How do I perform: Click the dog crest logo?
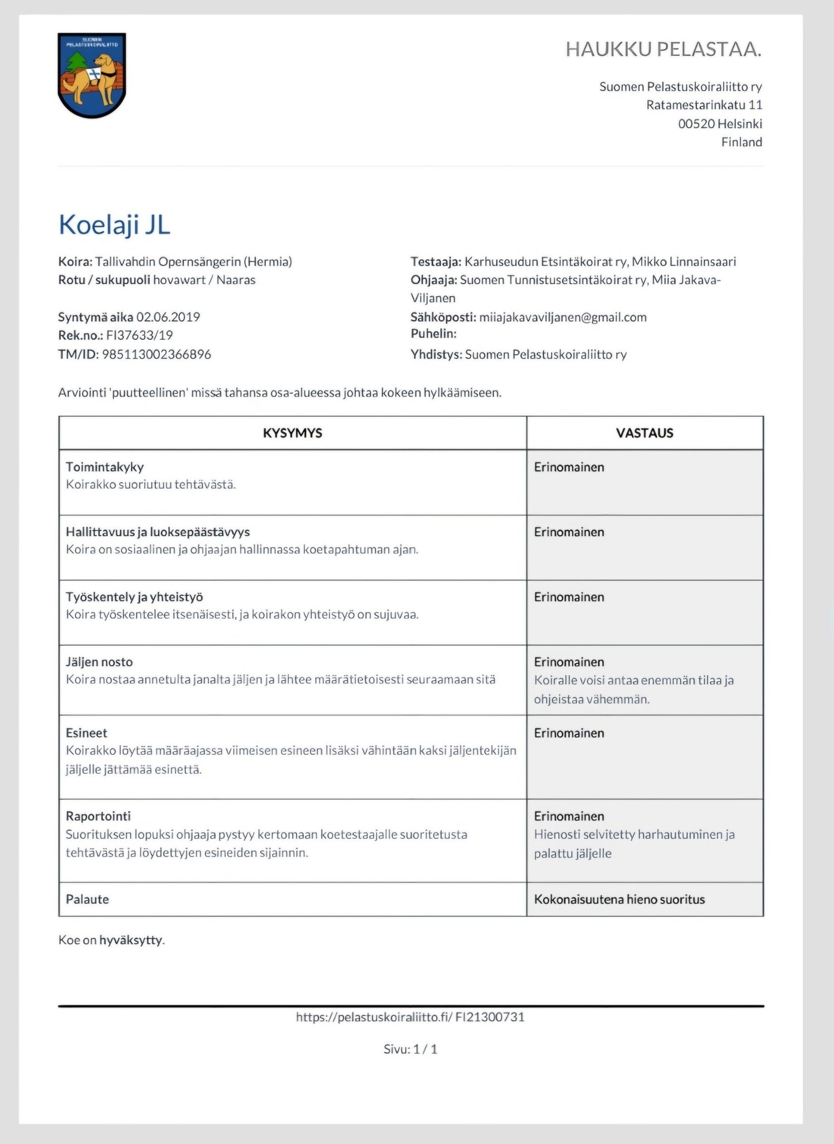pyautogui.click(x=92, y=75)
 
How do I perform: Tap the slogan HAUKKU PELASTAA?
pyautogui.click(x=663, y=50)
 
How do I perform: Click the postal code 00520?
pyautogui.click(x=696, y=123)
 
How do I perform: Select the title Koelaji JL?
pyautogui.click(x=115, y=225)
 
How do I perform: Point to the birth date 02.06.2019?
pyautogui.click(x=168, y=317)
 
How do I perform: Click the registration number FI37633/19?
pyautogui.click(x=140, y=335)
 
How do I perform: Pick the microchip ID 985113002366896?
pyautogui.click(x=156, y=354)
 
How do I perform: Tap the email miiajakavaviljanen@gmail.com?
pyautogui.click(x=563, y=317)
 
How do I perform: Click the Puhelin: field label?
pyautogui.click(x=433, y=333)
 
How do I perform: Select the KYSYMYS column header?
pyautogui.click(x=292, y=433)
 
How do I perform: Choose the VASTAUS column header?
pyautogui.click(x=645, y=433)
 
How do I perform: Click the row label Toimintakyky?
pyautogui.click(x=104, y=467)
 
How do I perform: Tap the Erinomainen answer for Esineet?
pyautogui.click(x=569, y=733)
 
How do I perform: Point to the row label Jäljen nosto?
pyautogui.click(x=99, y=662)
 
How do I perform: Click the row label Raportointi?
pyautogui.click(x=98, y=816)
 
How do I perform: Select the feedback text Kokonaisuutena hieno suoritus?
pyautogui.click(x=619, y=899)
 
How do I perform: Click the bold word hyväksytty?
pyautogui.click(x=131, y=940)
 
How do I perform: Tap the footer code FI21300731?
pyautogui.click(x=490, y=1017)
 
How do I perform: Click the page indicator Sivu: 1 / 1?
pyautogui.click(x=411, y=1049)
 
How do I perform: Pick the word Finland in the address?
pyautogui.click(x=741, y=142)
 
